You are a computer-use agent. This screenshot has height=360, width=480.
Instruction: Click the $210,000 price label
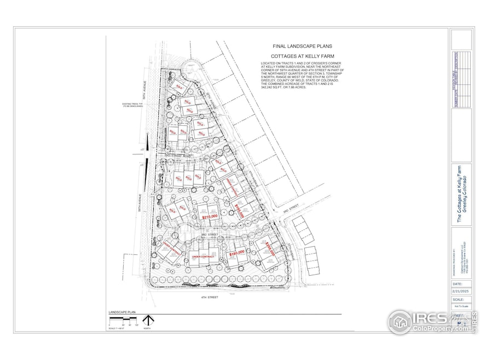210,217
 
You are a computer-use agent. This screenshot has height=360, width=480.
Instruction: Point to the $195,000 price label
239,210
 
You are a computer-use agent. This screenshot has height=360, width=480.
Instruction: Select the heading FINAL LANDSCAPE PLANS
295,48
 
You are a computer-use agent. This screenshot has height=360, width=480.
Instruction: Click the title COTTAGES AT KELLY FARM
295,56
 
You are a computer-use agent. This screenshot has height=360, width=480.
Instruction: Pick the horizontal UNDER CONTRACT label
203,257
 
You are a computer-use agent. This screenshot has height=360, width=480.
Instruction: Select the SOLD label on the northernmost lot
177,86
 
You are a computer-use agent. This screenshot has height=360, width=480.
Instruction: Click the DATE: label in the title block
458,284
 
